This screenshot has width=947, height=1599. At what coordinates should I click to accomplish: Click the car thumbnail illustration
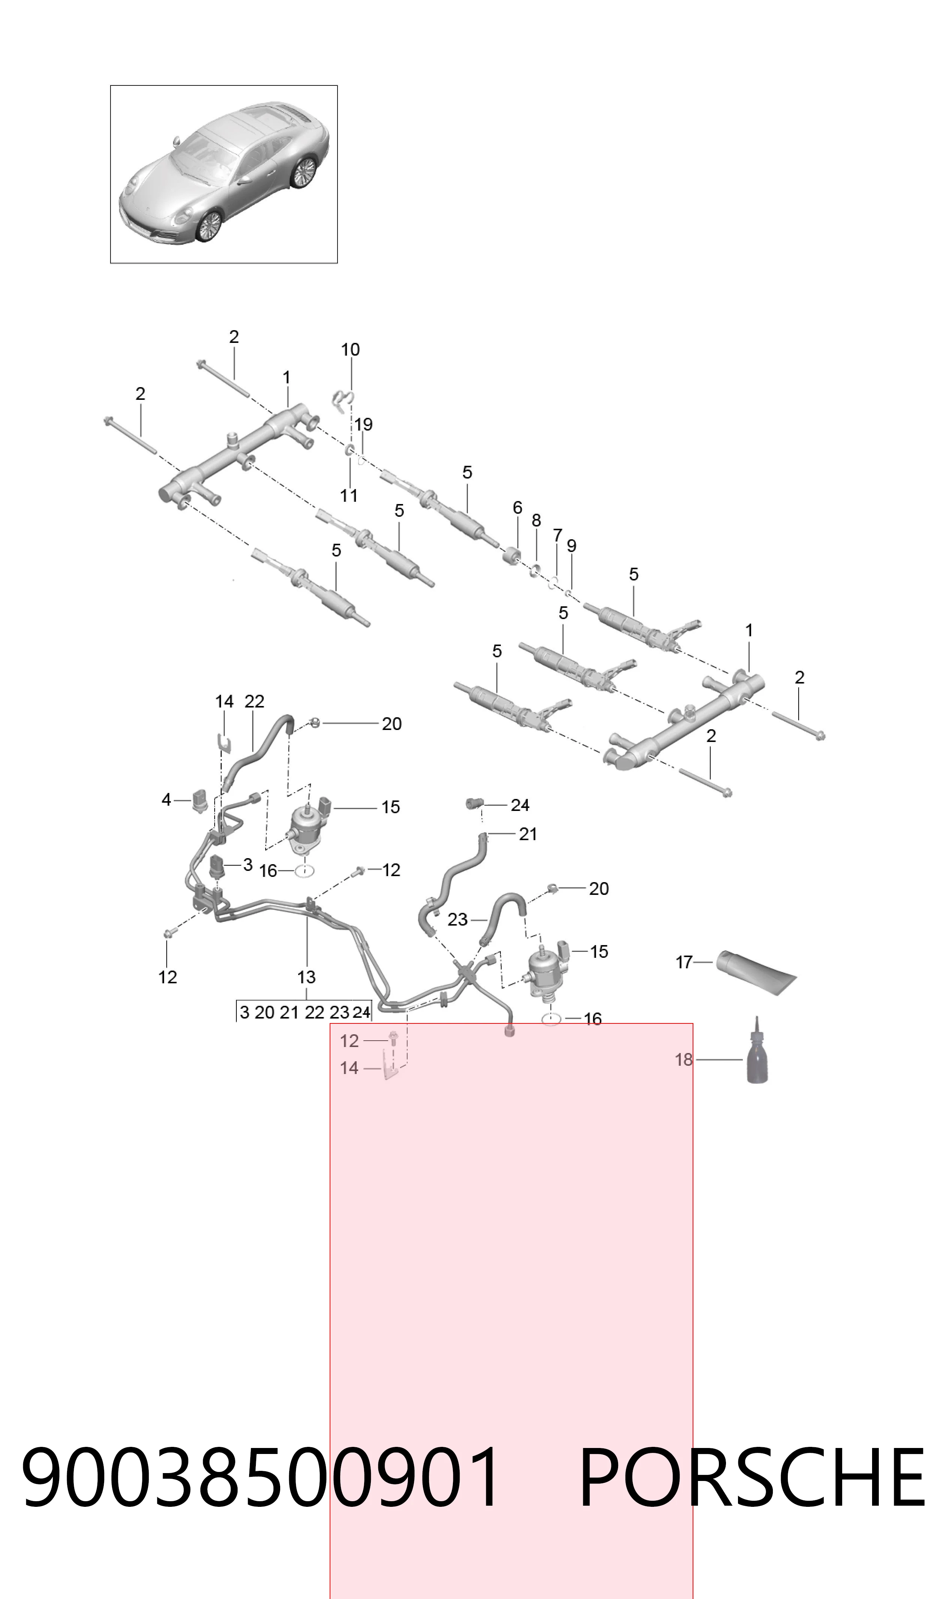(224, 174)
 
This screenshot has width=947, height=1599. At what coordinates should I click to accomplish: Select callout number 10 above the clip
(350, 349)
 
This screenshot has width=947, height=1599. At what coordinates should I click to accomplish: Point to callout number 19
(364, 425)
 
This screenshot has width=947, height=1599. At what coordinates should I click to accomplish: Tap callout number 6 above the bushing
(518, 507)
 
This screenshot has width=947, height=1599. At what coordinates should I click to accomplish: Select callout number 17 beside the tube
(684, 962)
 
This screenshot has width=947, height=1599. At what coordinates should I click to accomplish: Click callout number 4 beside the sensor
(167, 799)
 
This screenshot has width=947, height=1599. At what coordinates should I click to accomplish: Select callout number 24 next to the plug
(520, 806)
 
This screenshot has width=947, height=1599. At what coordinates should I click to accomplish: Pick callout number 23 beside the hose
(457, 920)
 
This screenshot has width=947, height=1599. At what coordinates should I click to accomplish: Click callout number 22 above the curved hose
(254, 702)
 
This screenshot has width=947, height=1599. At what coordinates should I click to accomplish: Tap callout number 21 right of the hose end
(528, 834)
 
